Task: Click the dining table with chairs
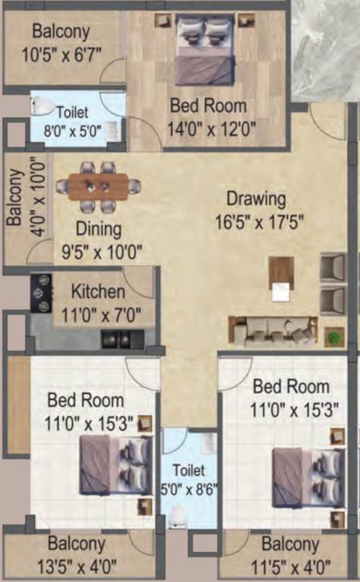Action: (99, 186)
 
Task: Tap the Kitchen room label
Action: (98, 292)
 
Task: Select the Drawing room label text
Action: (256, 199)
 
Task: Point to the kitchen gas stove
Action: (40, 293)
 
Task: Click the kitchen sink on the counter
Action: (116, 339)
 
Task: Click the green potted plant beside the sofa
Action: (333, 337)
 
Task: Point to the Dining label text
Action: (98, 228)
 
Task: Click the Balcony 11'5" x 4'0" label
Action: (291, 555)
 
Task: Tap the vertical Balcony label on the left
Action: (14, 199)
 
